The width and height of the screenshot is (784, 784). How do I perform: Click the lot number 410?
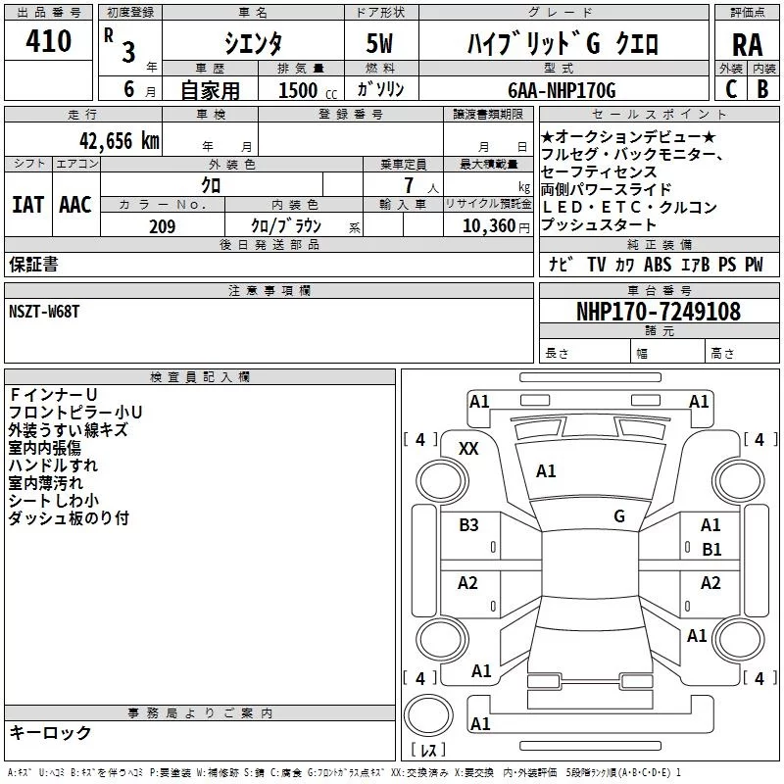pos(50,41)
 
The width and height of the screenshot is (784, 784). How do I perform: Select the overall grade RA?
pos(747,45)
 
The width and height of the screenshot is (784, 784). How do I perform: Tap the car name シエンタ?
pos(252,43)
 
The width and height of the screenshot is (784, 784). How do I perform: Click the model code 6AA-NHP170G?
pos(562,90)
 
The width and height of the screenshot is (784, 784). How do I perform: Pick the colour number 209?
pos(162,226)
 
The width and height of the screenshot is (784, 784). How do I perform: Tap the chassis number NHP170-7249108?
pos(658,312)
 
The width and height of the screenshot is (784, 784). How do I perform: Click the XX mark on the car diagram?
pos(468,448)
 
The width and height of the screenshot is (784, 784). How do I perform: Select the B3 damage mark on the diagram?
pos(468,525)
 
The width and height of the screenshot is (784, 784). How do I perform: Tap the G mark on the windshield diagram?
pos(619,515)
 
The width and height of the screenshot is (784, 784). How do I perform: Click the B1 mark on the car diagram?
pos(711,550)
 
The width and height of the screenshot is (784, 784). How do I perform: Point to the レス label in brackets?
pos(427,751)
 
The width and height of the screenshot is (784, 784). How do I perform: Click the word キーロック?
pos(50,733)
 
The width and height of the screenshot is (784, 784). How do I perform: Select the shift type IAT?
pos(27,205)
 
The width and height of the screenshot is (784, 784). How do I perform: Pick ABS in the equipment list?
pos(658,265)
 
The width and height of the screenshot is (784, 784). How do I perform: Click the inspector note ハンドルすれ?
pos(46,465)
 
